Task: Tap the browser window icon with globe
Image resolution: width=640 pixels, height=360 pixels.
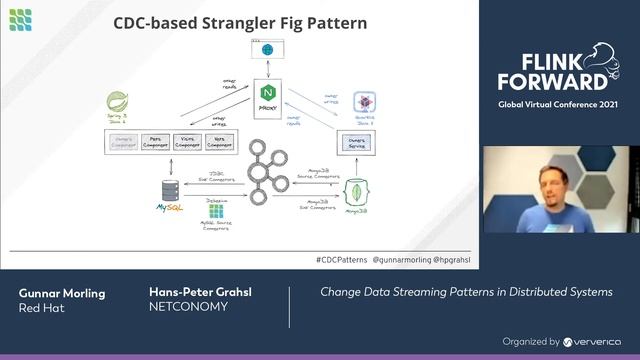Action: point(267,48)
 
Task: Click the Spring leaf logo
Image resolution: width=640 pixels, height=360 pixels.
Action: point(117,103)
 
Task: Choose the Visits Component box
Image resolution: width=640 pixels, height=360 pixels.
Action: point(188,143)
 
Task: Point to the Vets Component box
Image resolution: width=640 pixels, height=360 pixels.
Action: point(219,143)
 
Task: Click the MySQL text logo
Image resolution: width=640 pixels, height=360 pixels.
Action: point(169,209)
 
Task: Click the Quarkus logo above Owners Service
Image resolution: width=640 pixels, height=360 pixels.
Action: point(365,103)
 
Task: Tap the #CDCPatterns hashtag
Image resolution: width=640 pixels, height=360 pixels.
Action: point(340,259)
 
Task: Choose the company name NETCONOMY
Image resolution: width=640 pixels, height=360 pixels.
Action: point(188,307)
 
